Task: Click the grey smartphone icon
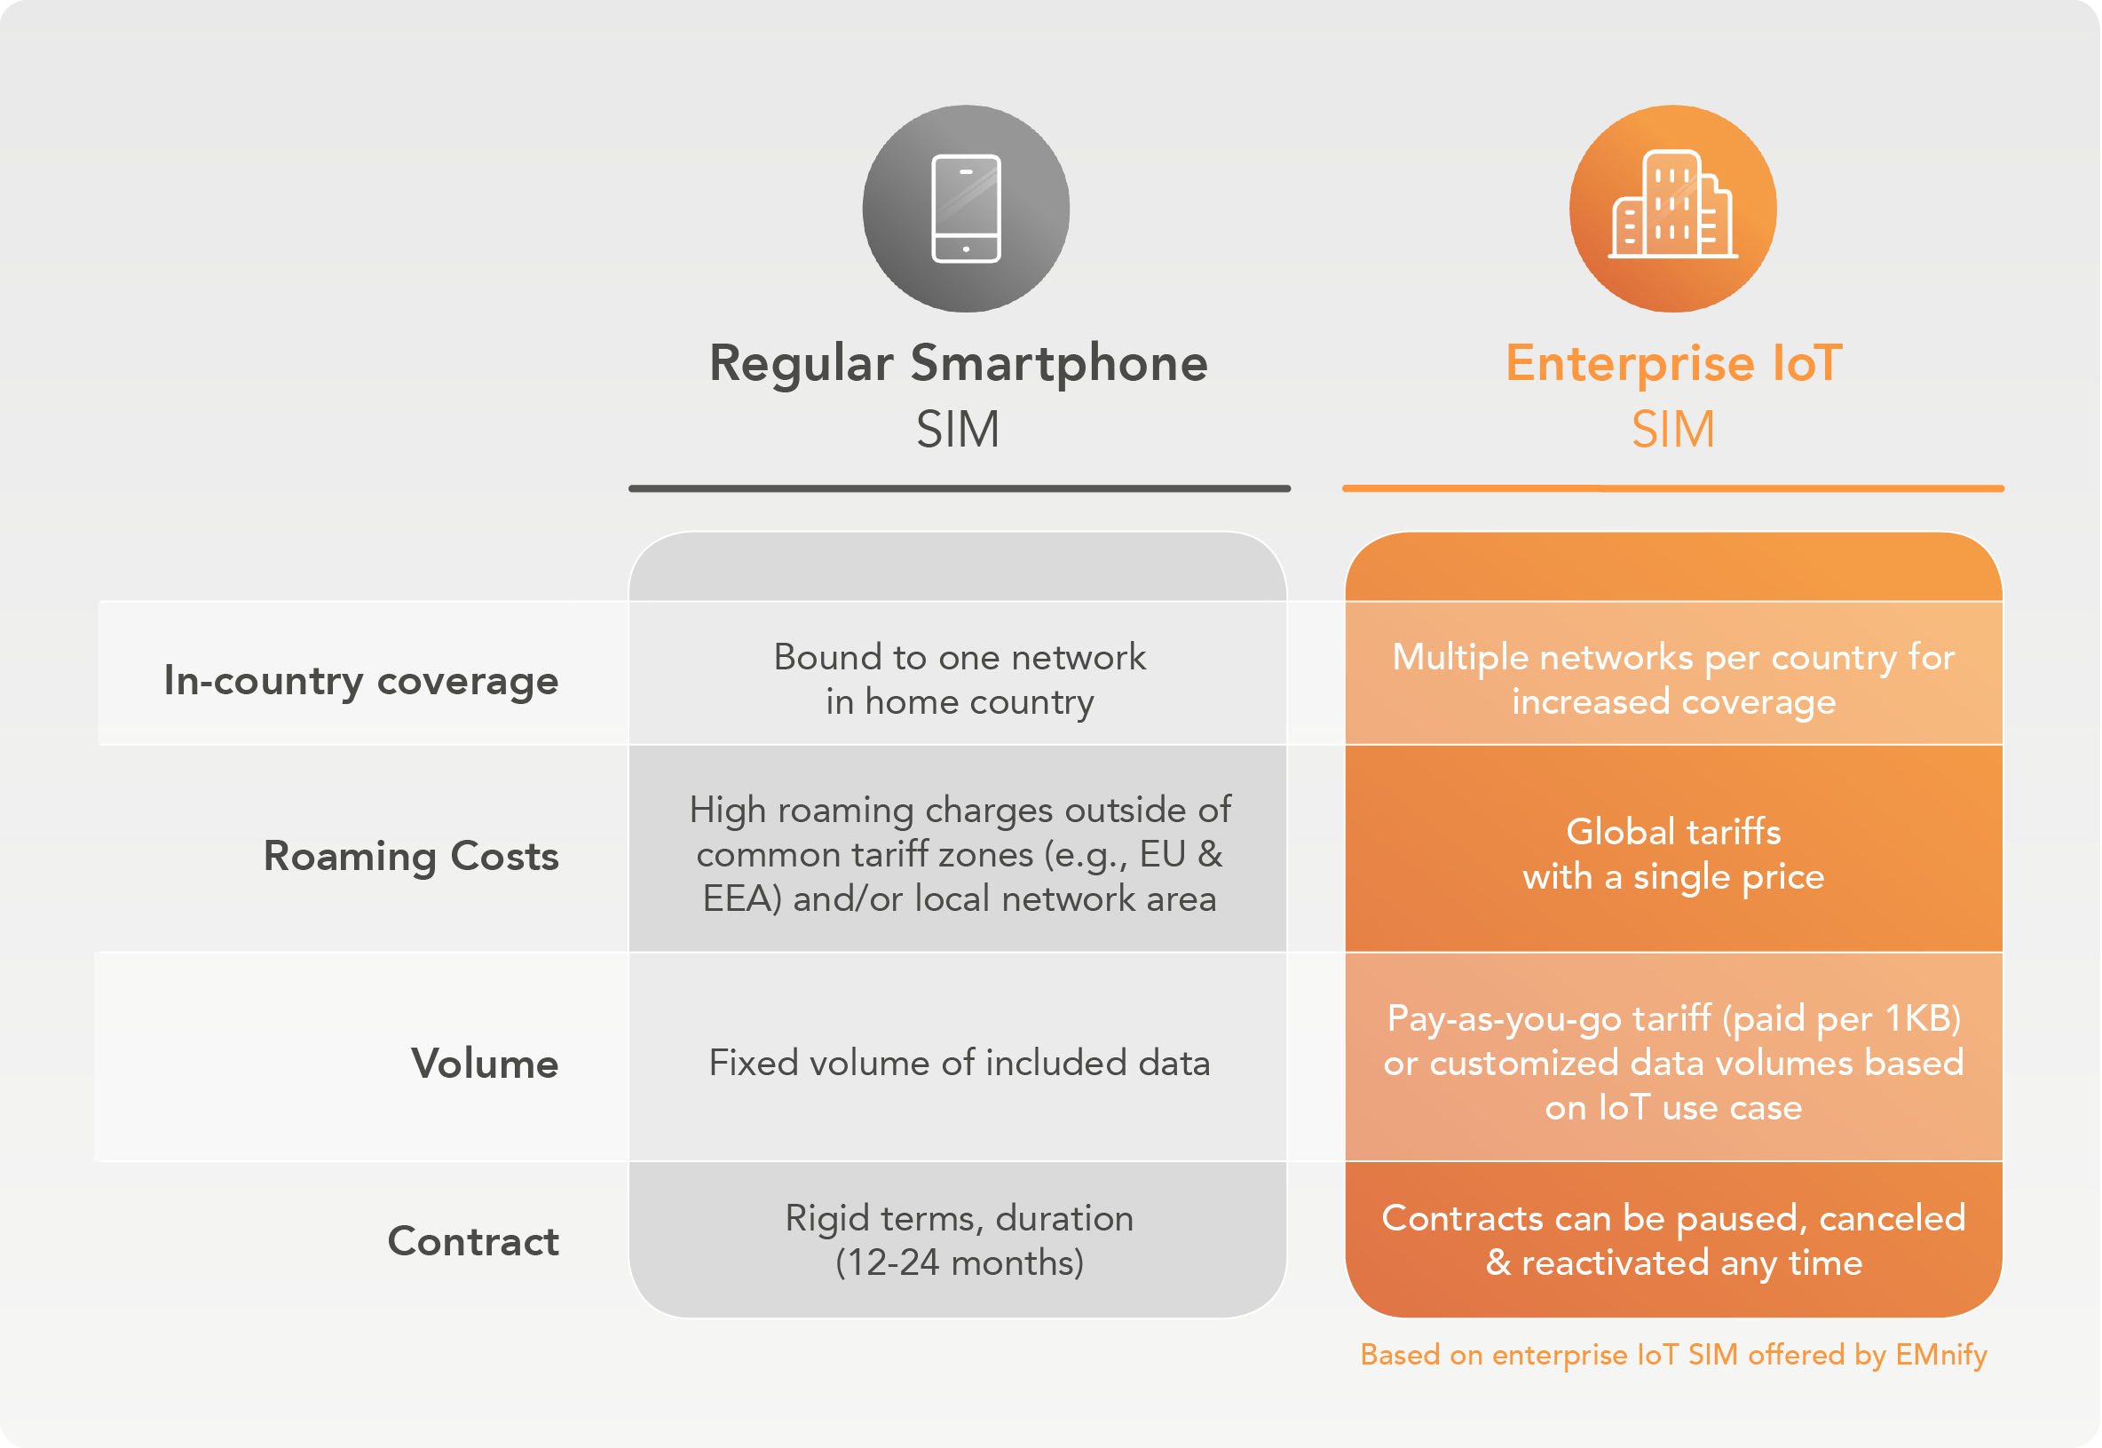966,209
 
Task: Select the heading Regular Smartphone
959,365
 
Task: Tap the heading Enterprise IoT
1674,365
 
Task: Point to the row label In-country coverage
361,680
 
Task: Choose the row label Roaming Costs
411,856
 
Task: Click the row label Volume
485,1064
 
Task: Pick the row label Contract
473,1241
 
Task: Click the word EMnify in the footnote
1941,1355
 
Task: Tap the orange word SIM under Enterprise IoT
1674,429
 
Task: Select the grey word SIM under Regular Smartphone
958,429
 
